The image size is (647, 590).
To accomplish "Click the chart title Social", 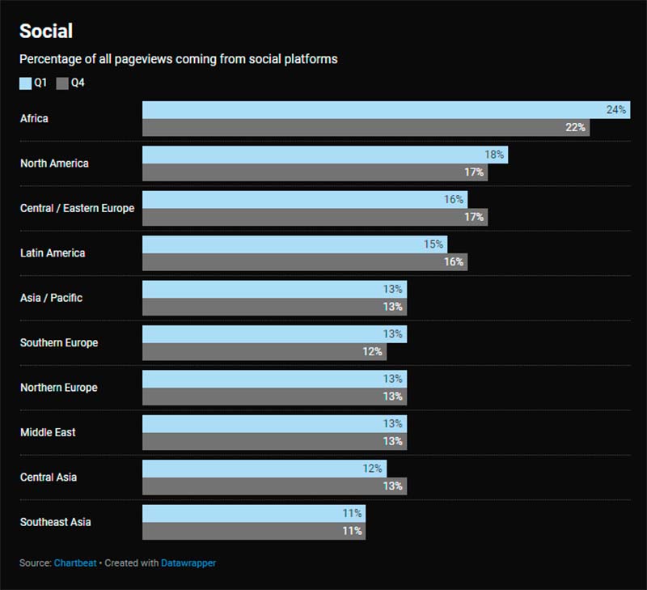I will pos(46,32).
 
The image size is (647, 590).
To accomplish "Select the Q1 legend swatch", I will pos(25,83).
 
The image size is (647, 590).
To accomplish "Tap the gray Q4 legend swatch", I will pos(61,83).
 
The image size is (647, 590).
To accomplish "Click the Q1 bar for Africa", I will pos(386,110).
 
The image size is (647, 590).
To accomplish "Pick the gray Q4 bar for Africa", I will pos(366,128).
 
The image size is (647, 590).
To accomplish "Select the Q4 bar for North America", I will pos(315,172).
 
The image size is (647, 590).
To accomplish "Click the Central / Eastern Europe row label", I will pos(77,208).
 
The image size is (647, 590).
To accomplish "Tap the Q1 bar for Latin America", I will pos(294,244).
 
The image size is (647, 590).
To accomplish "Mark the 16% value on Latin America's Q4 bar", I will pos(454,262).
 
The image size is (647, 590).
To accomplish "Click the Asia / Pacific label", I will pos(51,298).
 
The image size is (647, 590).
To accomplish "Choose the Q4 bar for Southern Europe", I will pos(264,352).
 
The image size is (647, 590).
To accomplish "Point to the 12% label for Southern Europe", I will pos(373,352).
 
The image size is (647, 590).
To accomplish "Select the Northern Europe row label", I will pos(58,388).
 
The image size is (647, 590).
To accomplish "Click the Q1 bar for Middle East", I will pos(274,423).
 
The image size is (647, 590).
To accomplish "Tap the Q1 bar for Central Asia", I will pos(264,469).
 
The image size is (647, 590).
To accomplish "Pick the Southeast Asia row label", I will pos(55,522).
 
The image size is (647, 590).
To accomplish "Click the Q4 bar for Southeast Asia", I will pos(253,531).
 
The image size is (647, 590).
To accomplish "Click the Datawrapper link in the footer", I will pos(189,562).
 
